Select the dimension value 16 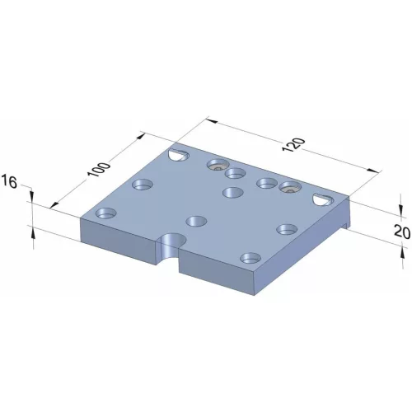[x=11, y=182]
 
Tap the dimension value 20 [x=401, y=232]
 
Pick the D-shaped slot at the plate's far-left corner [x=177, y=154]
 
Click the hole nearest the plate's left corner [x=105, y=213]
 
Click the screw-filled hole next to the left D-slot [x=217, y=165]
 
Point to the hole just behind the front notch [x=195, y=220]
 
